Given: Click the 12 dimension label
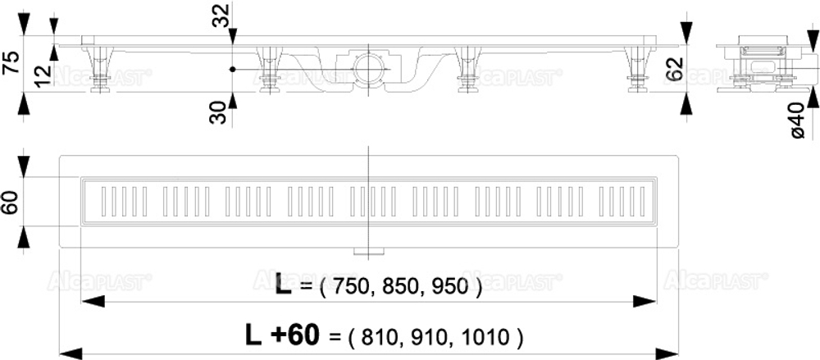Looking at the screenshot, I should coord(43,75).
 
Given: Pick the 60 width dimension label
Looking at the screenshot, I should coord(9,200).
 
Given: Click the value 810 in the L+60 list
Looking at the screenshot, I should coord(372,335).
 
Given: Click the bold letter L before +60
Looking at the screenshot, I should coord(254,335).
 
